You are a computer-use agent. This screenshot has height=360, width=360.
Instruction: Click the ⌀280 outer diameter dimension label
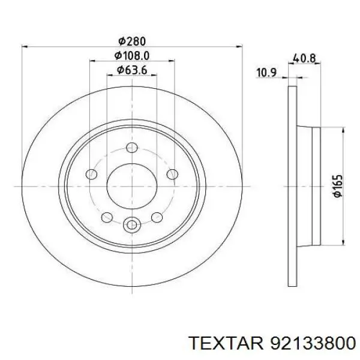pyautogui.click(x=132, y=41)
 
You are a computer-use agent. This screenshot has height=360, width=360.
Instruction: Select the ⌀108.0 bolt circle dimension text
pyautogui.click(x=132, y=55)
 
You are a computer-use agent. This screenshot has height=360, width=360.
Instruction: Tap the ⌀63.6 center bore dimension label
pyautogui.click(x=132, y=70)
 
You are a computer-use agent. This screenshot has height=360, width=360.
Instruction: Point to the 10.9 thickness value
pyautogui.click(x=266, y=73)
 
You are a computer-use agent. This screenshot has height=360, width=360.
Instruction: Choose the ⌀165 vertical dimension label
pyautogui.click(x=337, y=187)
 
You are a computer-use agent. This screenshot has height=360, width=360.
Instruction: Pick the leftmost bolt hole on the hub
pyautogui.click(x=92, y=175)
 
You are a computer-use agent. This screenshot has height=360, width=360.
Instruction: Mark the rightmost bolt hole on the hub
pyautogui.click(x=172, y=175)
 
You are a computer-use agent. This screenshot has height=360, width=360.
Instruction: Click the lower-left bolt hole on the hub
pyautogui.click(x=107, y=217)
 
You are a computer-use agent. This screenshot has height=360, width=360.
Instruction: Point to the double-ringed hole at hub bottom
pyautogui.click(x=132, y=226)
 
